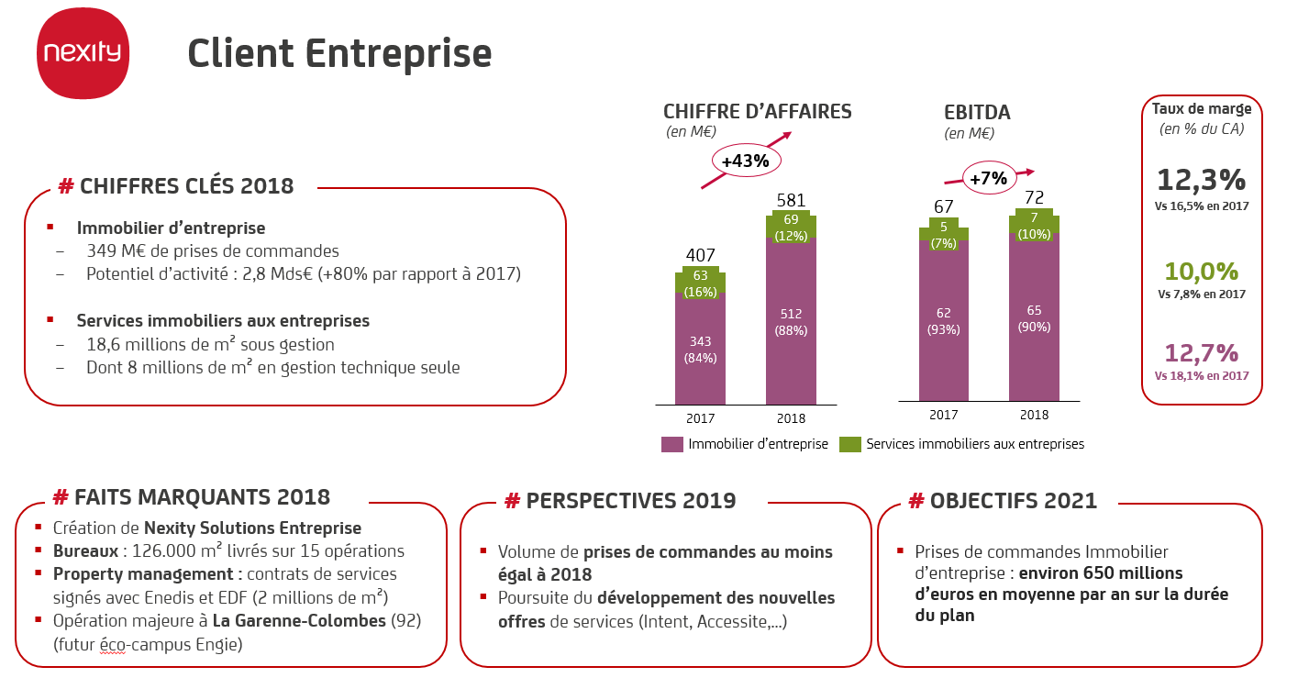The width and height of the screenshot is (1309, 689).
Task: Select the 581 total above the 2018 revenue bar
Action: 791,199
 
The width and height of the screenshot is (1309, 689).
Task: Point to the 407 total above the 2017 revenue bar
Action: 700,255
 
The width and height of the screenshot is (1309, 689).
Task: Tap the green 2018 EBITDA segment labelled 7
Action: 1034,224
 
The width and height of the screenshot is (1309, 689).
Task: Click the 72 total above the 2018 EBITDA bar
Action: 1034,199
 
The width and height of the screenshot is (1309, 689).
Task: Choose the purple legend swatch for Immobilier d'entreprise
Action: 672,444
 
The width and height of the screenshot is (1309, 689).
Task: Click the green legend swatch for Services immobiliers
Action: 850,444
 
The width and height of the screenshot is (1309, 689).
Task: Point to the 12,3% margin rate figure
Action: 1202,179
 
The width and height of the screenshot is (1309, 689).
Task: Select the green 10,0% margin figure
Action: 1202,272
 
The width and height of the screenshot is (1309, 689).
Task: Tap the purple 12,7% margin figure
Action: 1202,353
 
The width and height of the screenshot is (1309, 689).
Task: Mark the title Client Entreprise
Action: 339,53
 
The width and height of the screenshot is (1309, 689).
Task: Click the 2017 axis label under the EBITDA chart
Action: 943,415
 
